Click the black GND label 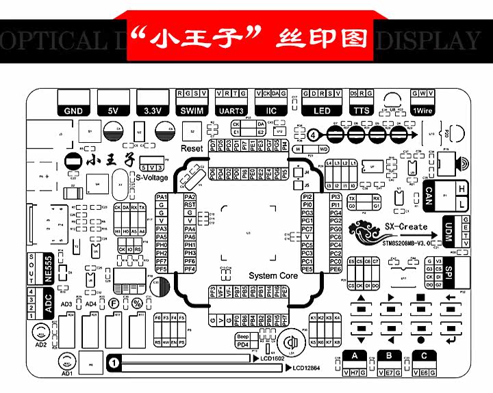[x=73, y=111]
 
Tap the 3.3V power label [x=152, y=111]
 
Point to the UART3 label [x=231, y=111]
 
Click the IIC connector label [x=270, y=111]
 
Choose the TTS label [x=361, y=111]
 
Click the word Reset [x=192, y=148]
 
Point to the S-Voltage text [x=151, y=177]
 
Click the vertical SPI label [x=449, y=271]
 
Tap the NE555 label [x=48, y=268]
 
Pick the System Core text [x=273, y=275]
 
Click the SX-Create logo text [x=405, y=226]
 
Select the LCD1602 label [x=273, y=358]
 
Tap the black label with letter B [x=390, y=355]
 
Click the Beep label [x=242, y=337]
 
